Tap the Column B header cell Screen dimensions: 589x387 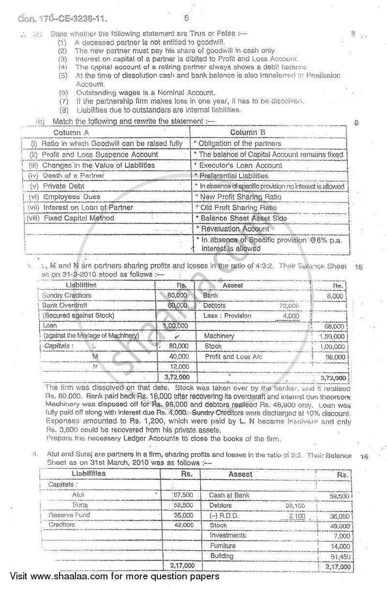tap(247, 132)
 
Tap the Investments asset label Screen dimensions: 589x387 tap(228, 535)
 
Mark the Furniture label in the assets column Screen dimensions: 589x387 tap(223, 546)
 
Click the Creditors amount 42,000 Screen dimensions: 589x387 tap(184, 525)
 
